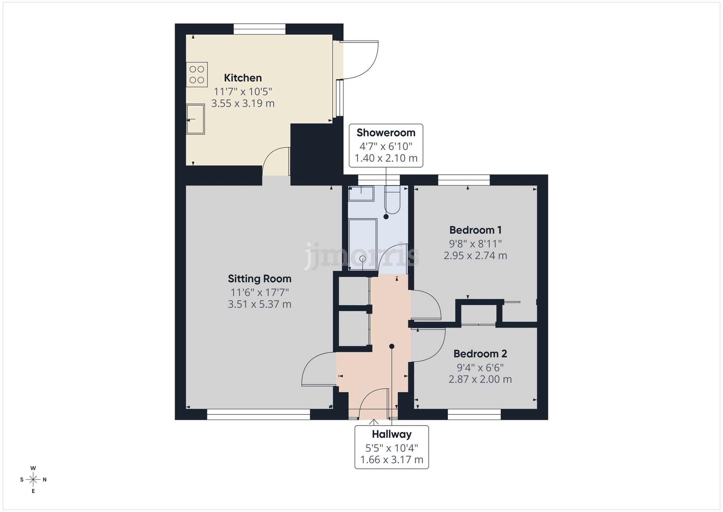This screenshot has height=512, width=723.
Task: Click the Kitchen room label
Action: [243, 78]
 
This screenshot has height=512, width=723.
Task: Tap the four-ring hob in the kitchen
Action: [197, 75]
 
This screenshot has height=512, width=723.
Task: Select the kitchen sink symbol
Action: [196, 119]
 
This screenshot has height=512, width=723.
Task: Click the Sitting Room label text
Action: [259, 279]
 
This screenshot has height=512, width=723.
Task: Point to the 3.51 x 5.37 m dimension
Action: [259, 304]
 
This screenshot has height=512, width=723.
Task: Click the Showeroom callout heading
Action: [386, 133]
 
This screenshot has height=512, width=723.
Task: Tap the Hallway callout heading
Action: [392, 434]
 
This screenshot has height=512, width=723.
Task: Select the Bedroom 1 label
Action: [475, 230]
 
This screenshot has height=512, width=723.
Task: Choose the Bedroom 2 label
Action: [480, 354]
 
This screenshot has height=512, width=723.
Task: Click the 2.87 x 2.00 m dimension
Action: [480, 379]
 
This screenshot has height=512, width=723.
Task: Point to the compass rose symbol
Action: [33, 480]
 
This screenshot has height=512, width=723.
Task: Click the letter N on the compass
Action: [45, 480]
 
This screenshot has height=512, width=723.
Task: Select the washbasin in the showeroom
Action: [361, 194]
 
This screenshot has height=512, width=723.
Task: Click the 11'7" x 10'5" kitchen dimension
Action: [243, 91]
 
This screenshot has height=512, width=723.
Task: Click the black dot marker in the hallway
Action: [392, 346]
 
